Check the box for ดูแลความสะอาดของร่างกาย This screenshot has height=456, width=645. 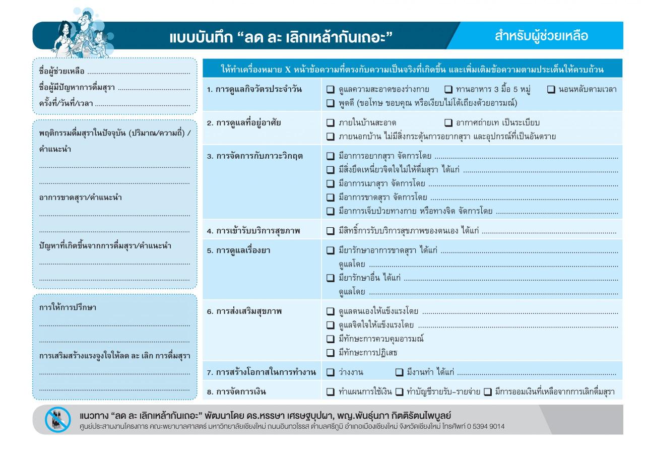[331, 90]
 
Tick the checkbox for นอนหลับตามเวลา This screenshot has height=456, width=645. [551, 90]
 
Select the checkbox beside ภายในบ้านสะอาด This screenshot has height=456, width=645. [331, 122]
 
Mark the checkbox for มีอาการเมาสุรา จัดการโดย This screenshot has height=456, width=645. [331, 183]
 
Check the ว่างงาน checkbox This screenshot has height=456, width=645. [331, 372]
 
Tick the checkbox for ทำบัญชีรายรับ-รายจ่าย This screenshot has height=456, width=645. [399, 392]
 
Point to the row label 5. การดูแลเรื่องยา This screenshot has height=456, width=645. [238, 250]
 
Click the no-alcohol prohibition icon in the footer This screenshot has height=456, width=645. [58, 420]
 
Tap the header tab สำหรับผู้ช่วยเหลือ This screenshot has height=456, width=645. [541, 36]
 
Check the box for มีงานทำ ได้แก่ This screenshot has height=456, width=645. [399, 372]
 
